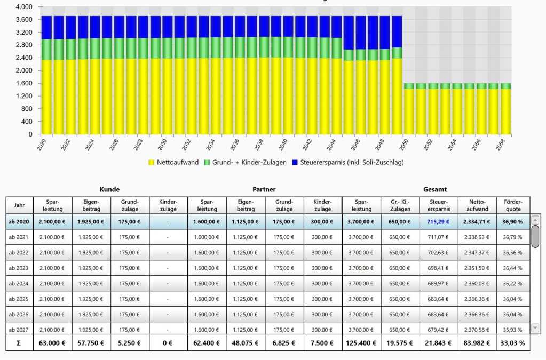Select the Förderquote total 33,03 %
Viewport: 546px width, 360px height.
click(513, 343)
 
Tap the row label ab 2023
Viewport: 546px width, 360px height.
click(19, 268)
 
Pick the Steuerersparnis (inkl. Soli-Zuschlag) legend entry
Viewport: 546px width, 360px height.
click(350, 162)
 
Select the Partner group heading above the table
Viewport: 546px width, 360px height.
click(264, 189)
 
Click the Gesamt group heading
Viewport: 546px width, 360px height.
click(435, 189)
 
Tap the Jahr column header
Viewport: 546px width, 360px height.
click(19, 205)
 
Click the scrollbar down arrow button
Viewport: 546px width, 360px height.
click(535, 328)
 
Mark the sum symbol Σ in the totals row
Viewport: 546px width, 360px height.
click(19, 343)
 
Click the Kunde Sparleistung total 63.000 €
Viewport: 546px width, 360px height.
click(52, 343)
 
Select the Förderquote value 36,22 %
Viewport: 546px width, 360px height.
click(513, 283)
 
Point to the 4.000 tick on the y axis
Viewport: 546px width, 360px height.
click(25, 7)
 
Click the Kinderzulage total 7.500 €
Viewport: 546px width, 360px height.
click(323, 343)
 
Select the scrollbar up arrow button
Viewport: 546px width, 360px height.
click(535, 220)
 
